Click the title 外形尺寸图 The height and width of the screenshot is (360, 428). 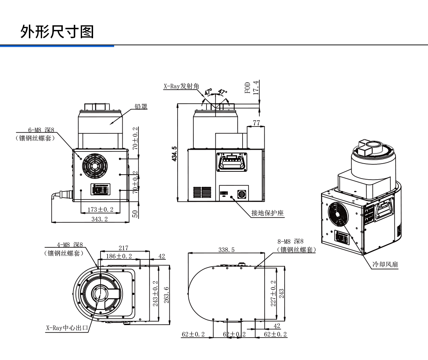coord(57,32)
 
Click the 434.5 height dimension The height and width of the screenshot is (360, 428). coord(174,154)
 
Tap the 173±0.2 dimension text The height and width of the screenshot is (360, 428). coord(100,209)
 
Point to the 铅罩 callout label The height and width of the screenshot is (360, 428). coord(141,106)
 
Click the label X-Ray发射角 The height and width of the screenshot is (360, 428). coord(181,86)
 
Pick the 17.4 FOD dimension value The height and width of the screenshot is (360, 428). coord(255,87)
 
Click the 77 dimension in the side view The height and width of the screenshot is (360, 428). coord(256,123)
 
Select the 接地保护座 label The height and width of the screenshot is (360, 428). coord(267,213)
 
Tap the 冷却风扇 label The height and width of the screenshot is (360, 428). coord(385,264)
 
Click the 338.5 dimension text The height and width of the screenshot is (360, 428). coord(226,250)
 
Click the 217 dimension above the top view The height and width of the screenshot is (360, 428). coord(123,248)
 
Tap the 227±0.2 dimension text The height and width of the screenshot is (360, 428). coord(273,293)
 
